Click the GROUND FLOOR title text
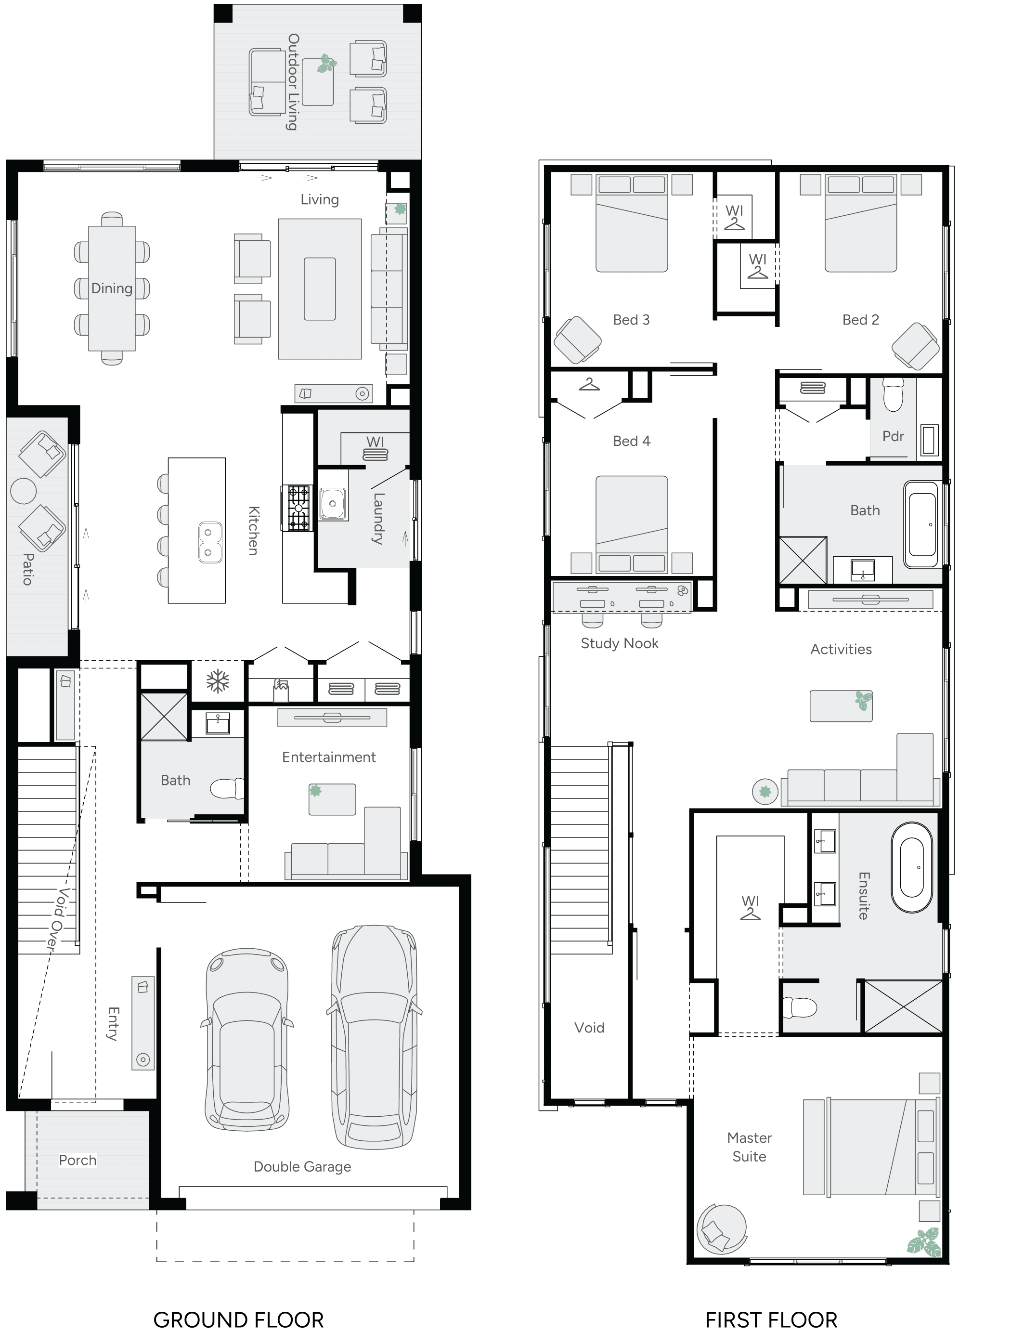(238, 1319)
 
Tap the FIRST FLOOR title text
(771, 1319)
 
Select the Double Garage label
(302, 1166)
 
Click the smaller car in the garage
(247, 1039)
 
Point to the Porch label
(78, 1160)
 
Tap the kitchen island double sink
(209, 542)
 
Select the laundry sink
(332, 503)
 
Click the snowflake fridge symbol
(218, 682)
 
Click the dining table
(112, 288)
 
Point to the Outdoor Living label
(293, 82)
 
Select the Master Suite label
(749, 1147)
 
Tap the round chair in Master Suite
(721, 1228)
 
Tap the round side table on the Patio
(24, 491)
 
